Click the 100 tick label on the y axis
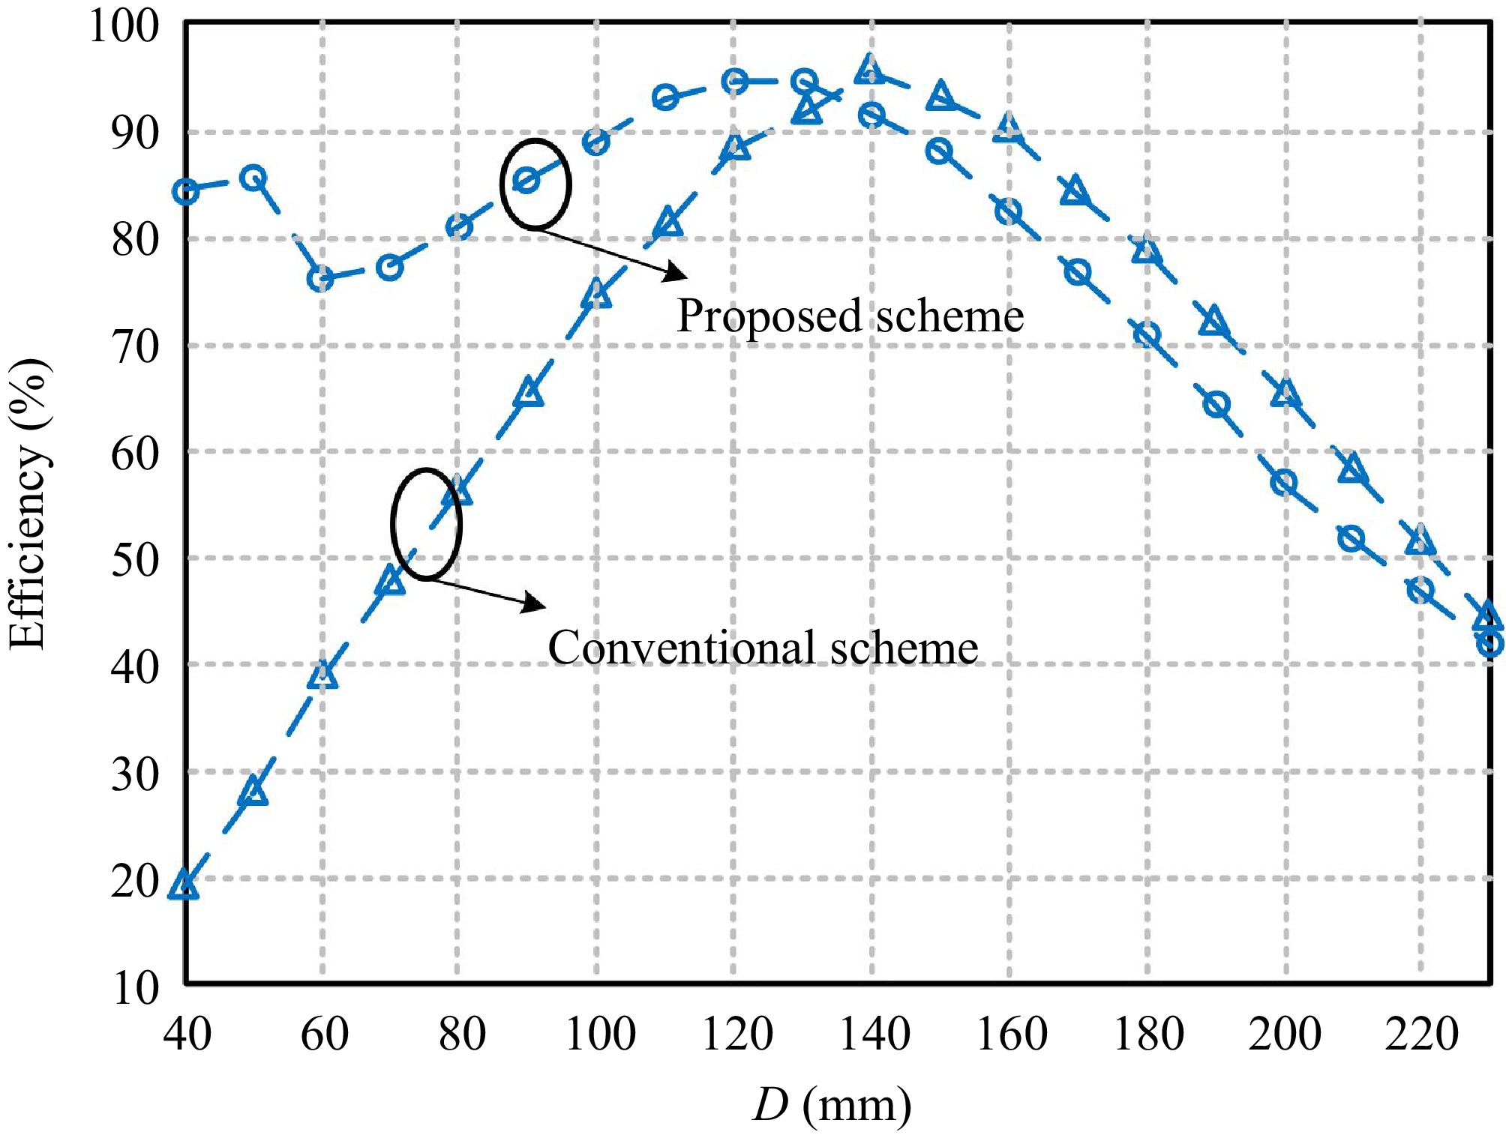[x=124, y=26]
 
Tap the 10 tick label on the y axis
[x=136, y=988]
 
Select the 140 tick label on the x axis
[x=874, y=1034]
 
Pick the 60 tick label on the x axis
[x=324, y=1034]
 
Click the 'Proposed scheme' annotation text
[x=850, y=316]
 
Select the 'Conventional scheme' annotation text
[x=763, y=648]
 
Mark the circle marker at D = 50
[x=254, y=178]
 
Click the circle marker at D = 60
[x=321, y=279]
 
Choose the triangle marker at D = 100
[x=597, y=295]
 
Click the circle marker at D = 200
[x=1284, y=482]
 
